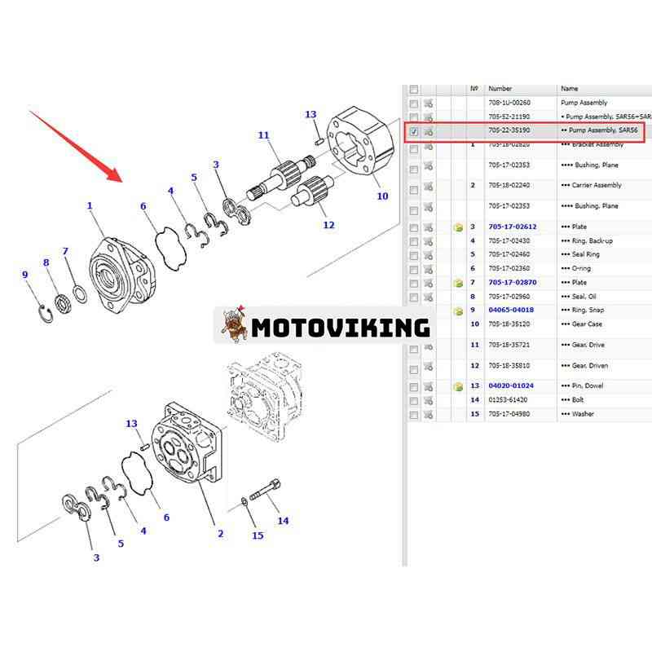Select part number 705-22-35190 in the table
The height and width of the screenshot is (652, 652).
coord(509,130)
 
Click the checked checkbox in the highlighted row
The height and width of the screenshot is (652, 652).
coord(414,131)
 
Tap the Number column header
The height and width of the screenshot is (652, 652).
coord(500,88)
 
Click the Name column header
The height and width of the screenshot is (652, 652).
coord(570,88)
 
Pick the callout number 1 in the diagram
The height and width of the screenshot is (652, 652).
coord(90,206)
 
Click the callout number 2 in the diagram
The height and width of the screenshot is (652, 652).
coord(220,534)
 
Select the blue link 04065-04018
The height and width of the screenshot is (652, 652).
coord(511,311)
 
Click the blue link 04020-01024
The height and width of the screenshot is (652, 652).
coord(511,385)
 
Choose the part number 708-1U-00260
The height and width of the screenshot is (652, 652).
coord(509,104)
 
